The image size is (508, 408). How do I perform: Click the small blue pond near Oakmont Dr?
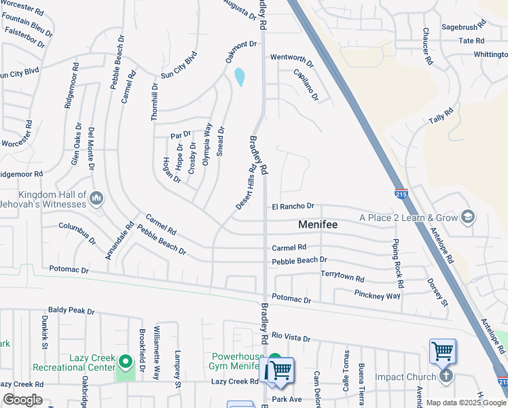(x=240, y=77)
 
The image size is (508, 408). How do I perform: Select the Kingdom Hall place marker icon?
(x=96, y=199)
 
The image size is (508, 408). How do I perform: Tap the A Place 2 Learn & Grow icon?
(x=467, y=218)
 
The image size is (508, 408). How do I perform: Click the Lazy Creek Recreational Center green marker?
(x=125, y=360)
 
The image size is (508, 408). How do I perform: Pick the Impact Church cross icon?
(x=446, y=376)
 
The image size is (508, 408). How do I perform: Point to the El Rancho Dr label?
(x=293, y=206)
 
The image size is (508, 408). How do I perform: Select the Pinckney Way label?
(x=377, y=294)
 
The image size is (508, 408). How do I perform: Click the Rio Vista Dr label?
(x=291, y=337)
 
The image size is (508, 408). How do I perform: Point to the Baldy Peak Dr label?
(x=71, y=310)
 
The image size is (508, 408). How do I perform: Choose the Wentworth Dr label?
(x=292, y=60)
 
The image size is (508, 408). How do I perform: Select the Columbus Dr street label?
(x=77, y=233)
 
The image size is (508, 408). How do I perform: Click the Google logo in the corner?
(x=22, y=400)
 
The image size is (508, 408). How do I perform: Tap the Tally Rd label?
(x=441, y=116)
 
